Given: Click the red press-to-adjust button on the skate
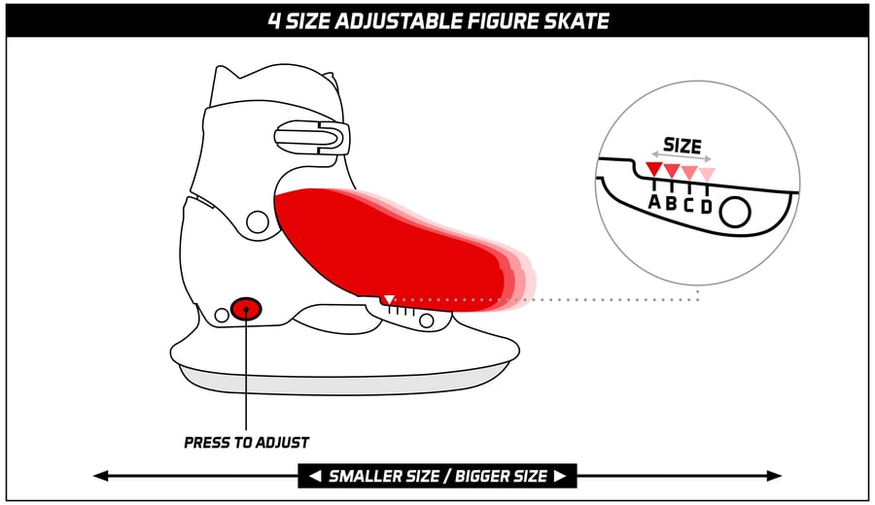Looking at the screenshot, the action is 246,309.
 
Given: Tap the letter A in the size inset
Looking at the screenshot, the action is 654,201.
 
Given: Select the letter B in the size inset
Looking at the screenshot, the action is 671,203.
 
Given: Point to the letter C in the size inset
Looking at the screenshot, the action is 688,205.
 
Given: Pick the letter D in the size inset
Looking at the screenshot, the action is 707,207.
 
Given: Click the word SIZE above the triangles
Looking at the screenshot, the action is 682,146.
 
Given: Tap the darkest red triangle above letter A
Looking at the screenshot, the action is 654,169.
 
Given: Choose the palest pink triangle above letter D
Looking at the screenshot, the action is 707,174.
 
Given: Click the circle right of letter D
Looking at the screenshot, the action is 735,212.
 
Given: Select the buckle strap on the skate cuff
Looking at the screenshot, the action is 312,137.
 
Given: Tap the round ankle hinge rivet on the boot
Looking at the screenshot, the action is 258,221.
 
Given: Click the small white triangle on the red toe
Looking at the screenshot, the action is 389,300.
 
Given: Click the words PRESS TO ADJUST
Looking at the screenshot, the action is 246,443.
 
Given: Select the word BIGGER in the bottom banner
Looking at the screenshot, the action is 501,476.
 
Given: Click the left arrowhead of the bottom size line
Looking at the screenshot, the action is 101,476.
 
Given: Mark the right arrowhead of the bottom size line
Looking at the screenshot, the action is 774,476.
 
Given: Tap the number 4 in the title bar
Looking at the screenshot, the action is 274,21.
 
